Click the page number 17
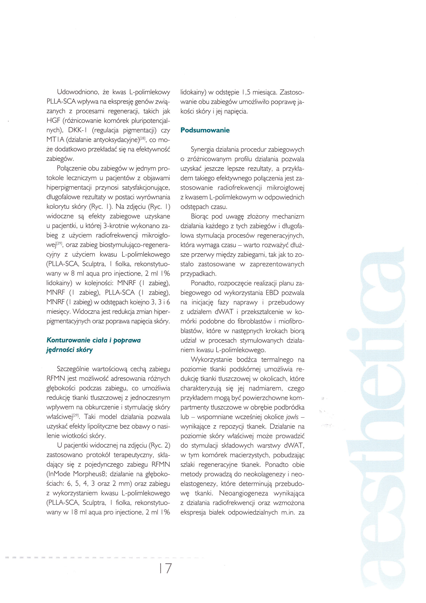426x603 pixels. click(165, 568)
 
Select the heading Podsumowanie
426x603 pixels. click(205, 130)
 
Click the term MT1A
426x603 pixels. click(55, 140)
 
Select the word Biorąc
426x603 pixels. click(200, 216)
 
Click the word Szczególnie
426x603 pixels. click(73, 369)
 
